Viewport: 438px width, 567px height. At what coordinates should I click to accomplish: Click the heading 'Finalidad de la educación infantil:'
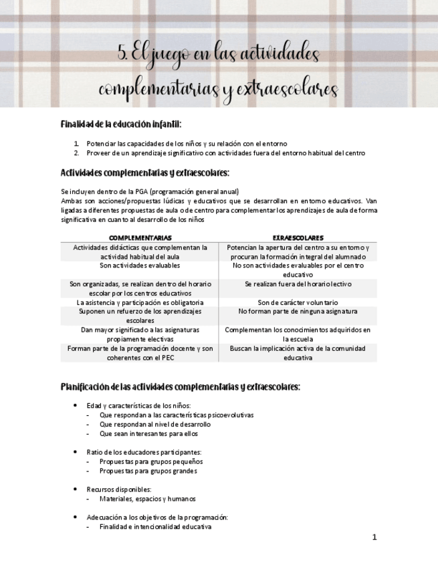point(121,124)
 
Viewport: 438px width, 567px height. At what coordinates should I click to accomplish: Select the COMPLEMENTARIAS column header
point(140,237)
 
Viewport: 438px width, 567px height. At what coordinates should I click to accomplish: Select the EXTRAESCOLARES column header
point(298,237)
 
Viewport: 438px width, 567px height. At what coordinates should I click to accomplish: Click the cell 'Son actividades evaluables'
point(140,265)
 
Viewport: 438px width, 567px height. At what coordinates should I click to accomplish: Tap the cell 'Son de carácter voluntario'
point(298,302)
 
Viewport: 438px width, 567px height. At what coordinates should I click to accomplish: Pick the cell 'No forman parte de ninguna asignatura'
point(298,312)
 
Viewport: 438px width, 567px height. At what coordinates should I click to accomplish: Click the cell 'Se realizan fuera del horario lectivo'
point(298,284)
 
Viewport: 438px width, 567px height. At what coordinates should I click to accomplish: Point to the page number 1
point(374,537)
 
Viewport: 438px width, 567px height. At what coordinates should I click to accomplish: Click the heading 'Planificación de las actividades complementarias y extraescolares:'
point(181,387)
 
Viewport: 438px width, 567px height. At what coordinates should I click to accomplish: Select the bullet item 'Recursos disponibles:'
point(119,489)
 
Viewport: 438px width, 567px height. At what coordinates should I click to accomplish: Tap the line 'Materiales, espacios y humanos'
point(148,499)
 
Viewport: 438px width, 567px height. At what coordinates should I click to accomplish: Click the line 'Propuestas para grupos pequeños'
point(151,461)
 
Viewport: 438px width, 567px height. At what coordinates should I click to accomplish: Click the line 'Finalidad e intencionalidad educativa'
point(155,527)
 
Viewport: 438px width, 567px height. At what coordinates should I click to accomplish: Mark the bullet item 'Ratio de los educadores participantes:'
point(144,452)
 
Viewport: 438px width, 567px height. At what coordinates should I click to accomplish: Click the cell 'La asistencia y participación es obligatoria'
point(140,302)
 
